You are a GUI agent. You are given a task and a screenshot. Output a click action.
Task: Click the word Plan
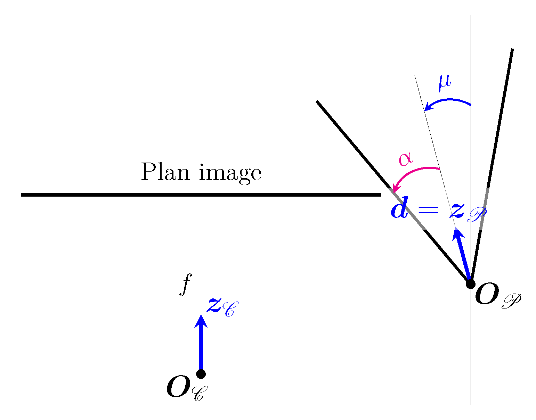tap(165, 172)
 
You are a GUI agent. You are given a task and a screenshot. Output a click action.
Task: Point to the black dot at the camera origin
tap(201, 374)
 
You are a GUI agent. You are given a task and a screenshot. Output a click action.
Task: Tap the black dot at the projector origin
tap(470, 284)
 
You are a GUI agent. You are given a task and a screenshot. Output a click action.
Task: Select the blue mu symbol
tap(444, 83)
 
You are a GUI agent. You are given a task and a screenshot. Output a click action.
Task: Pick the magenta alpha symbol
tap(406, 159)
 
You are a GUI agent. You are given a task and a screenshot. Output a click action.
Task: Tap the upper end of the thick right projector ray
tap(512, 50)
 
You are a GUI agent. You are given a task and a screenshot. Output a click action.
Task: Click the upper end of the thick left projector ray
tap(317, 101)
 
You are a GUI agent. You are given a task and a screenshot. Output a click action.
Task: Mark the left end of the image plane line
tap(22, 195)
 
